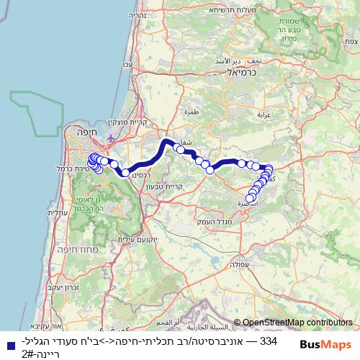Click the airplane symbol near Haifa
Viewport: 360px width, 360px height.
click(x=109, y=138)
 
